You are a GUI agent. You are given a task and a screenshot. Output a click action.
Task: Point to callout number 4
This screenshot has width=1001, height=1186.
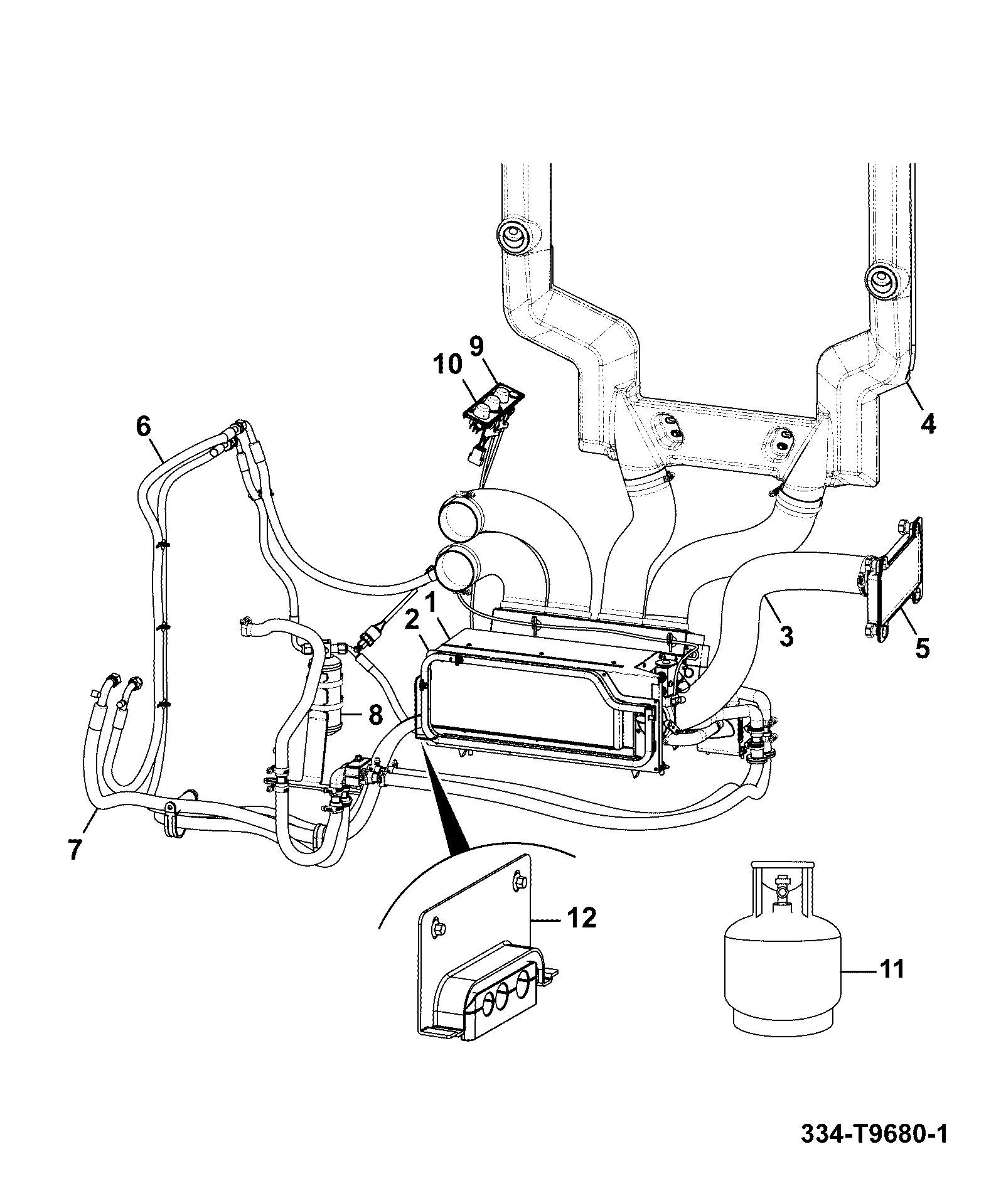point(928,424)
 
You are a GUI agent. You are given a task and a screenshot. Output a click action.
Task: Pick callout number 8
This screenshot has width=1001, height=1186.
point(375,714)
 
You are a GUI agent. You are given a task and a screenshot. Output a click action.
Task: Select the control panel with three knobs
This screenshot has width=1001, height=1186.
point(494,408)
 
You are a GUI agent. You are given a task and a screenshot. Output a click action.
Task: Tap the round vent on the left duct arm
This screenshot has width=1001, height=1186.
point(513,237)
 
